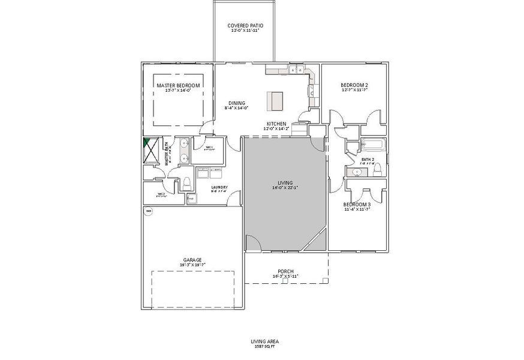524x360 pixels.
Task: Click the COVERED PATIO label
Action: click(245, 26)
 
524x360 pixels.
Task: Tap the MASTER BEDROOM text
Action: click(178, 86)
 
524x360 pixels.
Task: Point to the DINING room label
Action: click(236, 103)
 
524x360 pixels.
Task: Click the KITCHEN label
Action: click(276, 124)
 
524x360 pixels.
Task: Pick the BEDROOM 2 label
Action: click(354, 86)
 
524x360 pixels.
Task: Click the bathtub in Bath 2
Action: click(372, 145)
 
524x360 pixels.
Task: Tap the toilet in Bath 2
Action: click(377, 172)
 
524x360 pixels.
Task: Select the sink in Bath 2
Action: click(358, 172)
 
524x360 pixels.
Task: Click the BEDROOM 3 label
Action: click(357, 204)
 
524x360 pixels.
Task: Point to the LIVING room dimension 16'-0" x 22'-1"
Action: click(285, 187)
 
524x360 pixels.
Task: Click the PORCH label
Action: click(285, 271)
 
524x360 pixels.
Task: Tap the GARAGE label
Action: click(192, 260)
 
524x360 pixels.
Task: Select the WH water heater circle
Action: click(148, 211)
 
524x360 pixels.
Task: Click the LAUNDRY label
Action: click(219, 187)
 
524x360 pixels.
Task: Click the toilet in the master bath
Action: click(186, 182)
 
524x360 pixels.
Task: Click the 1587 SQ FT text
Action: click(264, 346)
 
